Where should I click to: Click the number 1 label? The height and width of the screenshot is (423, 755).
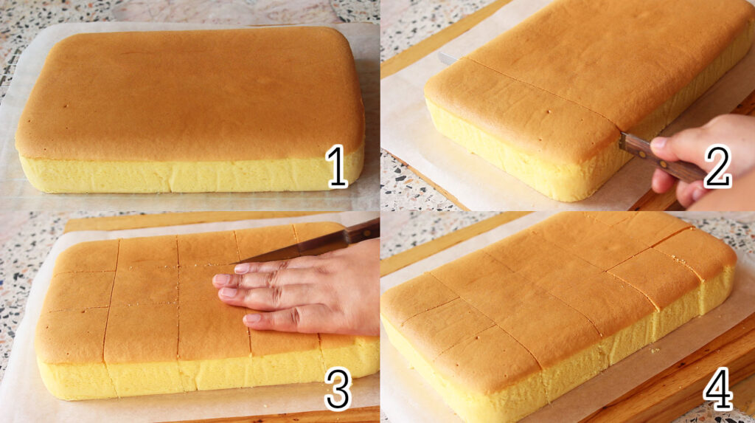click(336, 166)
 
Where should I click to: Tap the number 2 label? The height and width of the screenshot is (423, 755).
click(717, 166)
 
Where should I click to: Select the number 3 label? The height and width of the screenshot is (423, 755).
click(338, 389)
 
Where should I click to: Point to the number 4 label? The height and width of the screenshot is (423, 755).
click(718, 389)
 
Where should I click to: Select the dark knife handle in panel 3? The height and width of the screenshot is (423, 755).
click(362, 230)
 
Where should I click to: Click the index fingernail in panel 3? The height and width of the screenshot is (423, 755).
click(242, 268)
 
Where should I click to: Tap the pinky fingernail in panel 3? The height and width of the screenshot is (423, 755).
click(253, 318)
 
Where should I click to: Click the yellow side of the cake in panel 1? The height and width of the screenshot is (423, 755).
click(191, 175)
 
